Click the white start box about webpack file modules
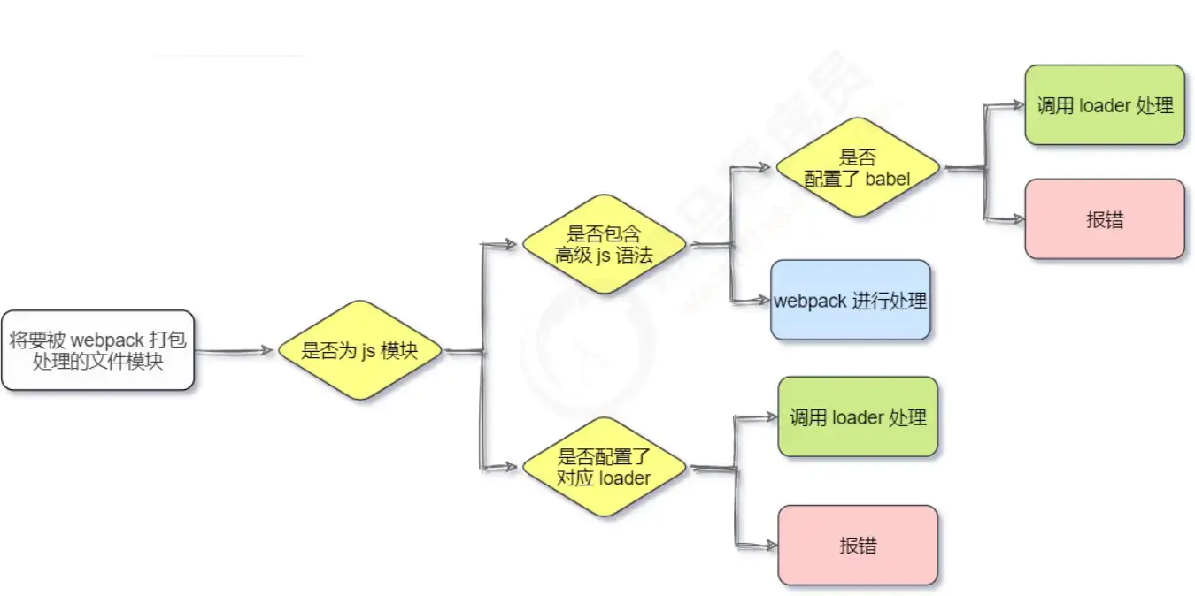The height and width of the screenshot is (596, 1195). click(x=97, y=350)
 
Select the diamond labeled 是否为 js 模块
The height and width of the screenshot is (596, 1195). click(x=359, y=350)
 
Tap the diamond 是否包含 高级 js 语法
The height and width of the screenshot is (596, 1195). click(x=604, y=244)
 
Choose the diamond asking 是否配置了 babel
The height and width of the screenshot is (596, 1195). click(x=857, y=167)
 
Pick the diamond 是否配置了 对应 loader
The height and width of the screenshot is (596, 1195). click(x=604, y=467)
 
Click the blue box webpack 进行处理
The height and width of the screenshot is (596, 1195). click(x=850, y=301)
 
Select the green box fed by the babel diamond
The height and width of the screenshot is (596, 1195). click(x=1105, y=105)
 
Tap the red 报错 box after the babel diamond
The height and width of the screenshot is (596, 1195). click(x=1105, y=219)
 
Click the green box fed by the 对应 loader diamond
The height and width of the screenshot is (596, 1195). click(x=857, y=416)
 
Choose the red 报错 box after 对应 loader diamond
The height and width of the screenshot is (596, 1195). click(x=857, y=545)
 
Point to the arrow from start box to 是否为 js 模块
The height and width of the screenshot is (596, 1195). click(x=235, y=351)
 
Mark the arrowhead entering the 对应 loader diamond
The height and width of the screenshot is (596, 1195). click(x=511, y=467)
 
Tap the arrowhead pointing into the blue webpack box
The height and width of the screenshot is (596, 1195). click(x=763, y=301)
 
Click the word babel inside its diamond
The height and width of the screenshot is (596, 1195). click(x=888, y=178)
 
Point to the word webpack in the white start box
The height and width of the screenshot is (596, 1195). click(x=106, y=340)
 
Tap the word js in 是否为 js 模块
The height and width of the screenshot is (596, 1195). click(x=367, y=351)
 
